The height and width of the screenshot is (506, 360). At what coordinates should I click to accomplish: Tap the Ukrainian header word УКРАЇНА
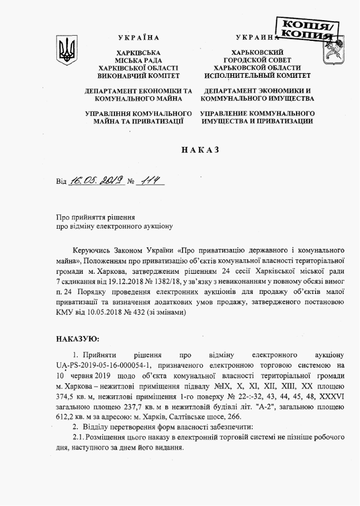coord(138,38)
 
